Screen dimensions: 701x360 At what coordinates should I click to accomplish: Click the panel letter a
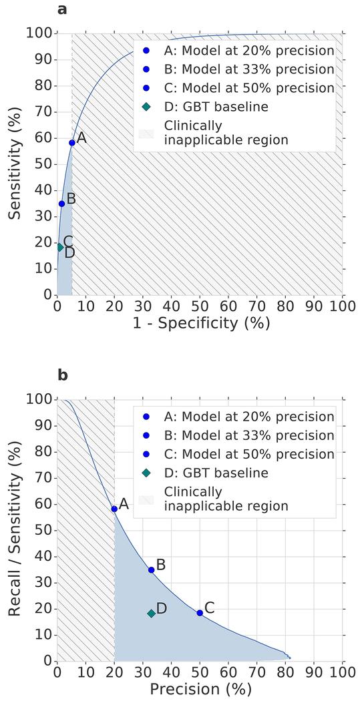[x=62, y=9]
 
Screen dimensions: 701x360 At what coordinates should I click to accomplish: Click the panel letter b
[x=62, y=375]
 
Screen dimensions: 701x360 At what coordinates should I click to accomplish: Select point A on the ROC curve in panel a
[x=72, y=142]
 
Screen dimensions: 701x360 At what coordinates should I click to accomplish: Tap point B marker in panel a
[x=61, y=204]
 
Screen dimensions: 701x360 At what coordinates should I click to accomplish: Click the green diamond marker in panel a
[x=59, y=247]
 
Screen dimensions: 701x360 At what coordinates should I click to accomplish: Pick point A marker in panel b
[x=114, y=509]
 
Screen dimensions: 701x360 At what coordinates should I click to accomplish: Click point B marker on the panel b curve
[x=152, y=569]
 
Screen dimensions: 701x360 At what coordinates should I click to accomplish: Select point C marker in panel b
[x=200, y=613]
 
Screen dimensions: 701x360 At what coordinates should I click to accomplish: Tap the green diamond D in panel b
[x=152, y=614]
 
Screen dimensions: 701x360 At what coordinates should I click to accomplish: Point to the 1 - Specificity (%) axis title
[x=200, y=323]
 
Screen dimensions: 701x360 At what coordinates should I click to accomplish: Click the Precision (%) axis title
[x=200, y=688]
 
